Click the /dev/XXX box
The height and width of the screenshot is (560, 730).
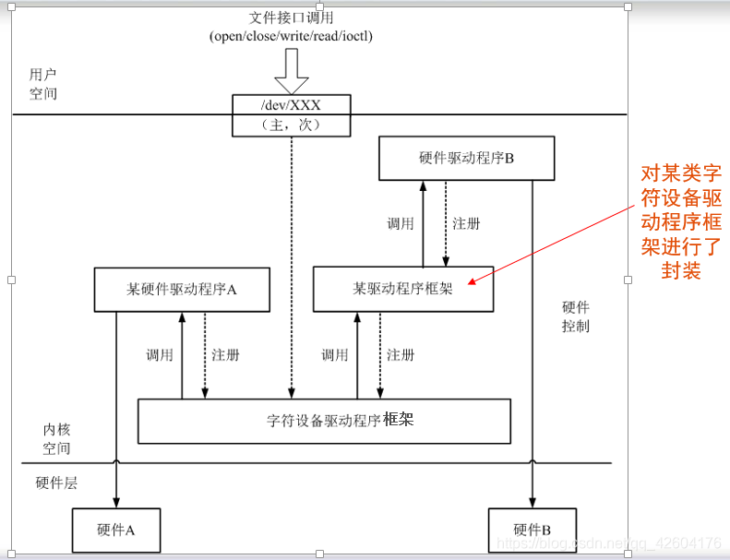point(292,104)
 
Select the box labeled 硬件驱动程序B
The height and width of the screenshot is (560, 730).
point(466,158)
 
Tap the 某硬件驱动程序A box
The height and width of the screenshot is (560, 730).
point(182,289)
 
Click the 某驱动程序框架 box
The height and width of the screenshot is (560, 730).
point(402,289)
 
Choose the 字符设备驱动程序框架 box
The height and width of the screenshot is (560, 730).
point(324,421)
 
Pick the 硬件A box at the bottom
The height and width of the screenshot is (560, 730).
point(116,530)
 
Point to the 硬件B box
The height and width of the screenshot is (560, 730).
point(532,530)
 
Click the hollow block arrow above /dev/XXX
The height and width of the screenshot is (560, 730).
point(292,69)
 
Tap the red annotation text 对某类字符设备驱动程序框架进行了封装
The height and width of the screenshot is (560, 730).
point(681,221)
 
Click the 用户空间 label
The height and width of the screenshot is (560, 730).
point(42,84)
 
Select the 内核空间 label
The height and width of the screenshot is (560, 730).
point(56,438)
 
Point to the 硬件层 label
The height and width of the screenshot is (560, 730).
point(55,481)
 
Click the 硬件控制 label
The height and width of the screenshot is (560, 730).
point(575,316)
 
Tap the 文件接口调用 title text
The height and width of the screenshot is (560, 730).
point(291,18)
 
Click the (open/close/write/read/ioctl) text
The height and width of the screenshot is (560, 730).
point(291,36)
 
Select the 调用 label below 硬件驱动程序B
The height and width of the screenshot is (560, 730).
point(400,223)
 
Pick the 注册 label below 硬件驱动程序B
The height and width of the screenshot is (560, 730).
point(466,223)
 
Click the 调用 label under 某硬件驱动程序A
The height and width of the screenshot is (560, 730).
point(160,355)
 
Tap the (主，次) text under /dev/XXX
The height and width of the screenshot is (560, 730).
point(292,125)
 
